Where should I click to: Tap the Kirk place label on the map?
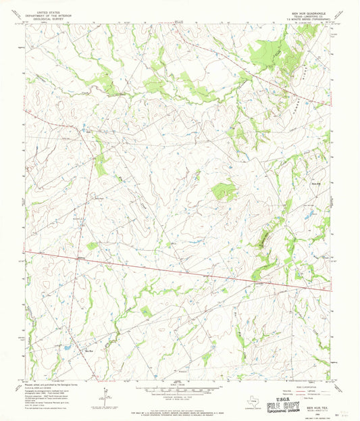[x=87, y=130]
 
